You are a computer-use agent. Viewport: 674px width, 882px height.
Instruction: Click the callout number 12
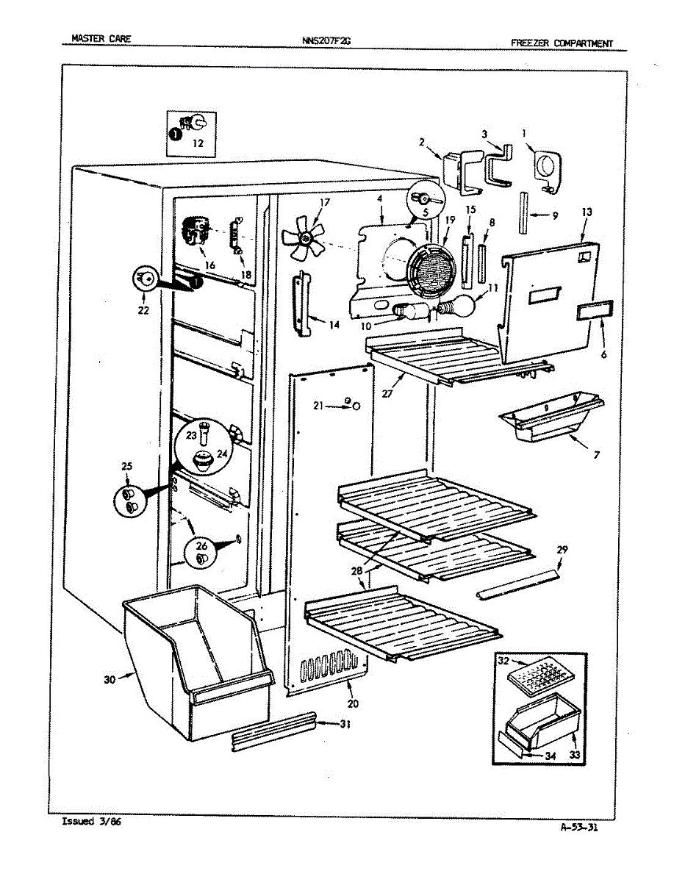click(198, 143)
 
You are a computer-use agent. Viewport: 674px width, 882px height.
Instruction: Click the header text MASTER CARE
click(101, 39)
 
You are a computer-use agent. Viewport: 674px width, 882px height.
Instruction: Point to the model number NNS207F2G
click(326, 41)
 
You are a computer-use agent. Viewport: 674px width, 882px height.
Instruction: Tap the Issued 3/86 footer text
click(92, 821)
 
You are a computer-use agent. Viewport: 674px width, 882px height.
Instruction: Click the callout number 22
click(143, 310)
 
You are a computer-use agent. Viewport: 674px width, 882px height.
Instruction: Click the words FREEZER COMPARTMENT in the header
click(562, 43)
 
